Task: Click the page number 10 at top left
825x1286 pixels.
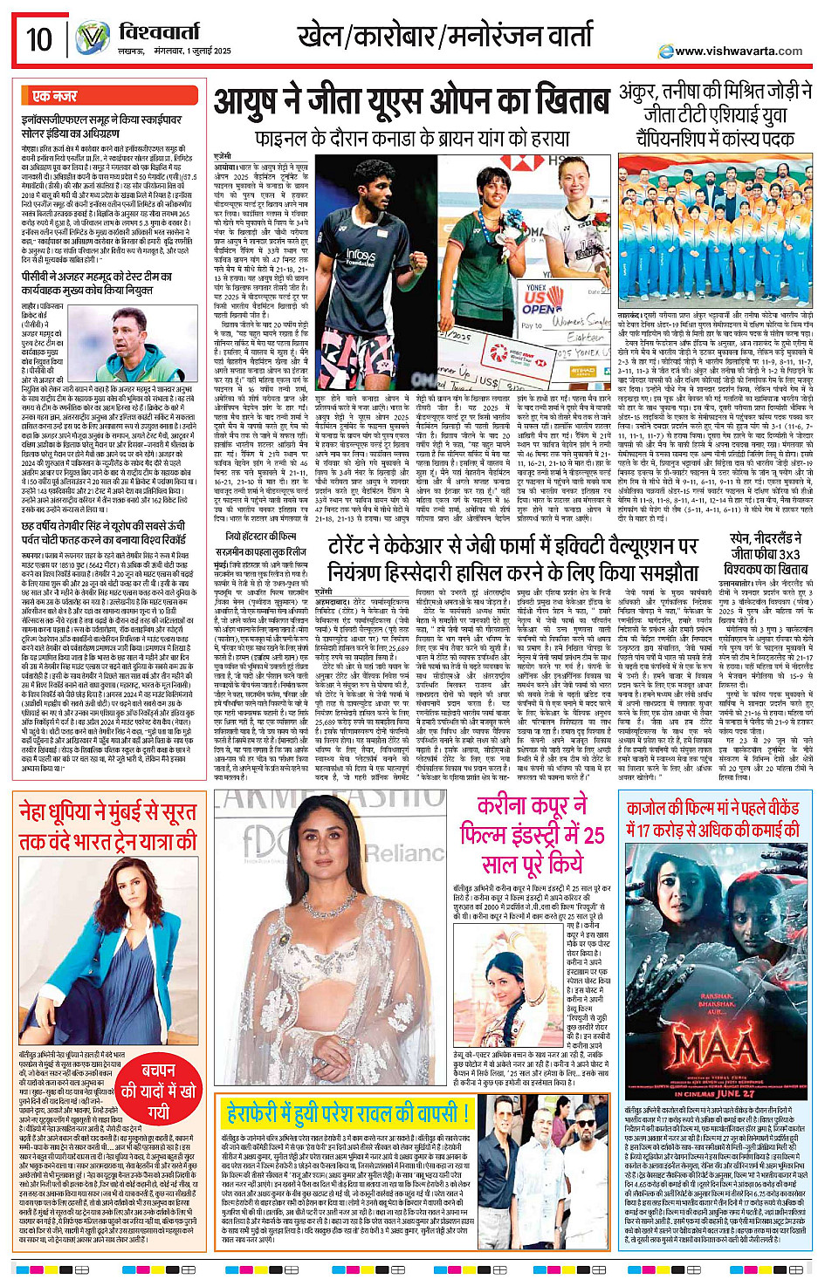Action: click(39, 39)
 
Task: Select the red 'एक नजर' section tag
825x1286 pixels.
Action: click(54, 96)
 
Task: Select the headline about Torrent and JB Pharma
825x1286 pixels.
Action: click(513, 558)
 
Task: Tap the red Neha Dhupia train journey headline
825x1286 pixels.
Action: click(107, 826)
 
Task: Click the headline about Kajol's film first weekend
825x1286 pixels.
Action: click(713, 819)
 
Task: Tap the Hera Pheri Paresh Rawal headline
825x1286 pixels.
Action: click(347, 1113)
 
